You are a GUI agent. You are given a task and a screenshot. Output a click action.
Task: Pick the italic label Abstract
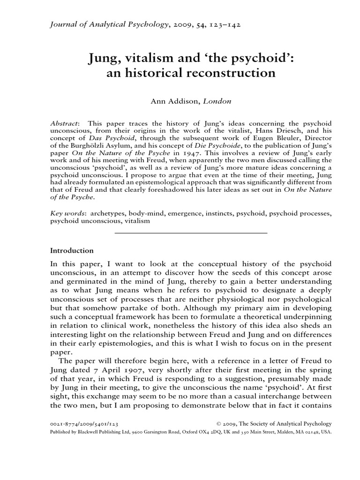point(63,122)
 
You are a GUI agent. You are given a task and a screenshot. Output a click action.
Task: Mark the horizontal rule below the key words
point(191,233)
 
